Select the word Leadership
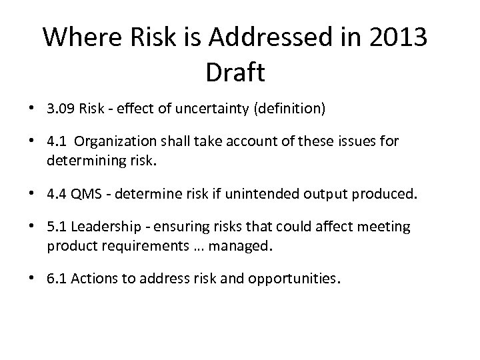pyautogui.click(x=103, y=227)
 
